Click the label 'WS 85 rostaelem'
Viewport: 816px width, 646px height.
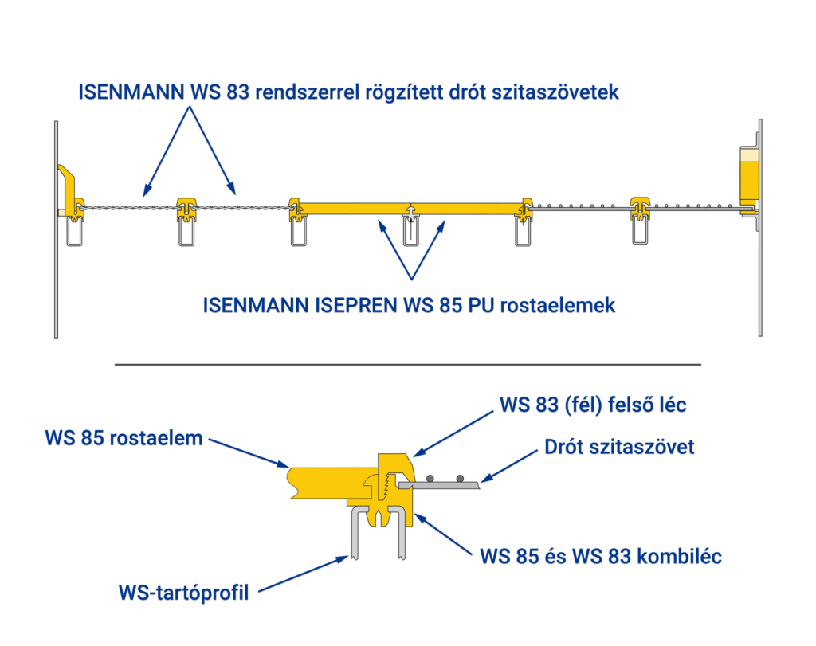124,437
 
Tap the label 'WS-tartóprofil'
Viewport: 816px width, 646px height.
184,593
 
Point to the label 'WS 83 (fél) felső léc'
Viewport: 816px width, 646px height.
593,405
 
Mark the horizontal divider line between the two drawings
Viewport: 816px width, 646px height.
408,365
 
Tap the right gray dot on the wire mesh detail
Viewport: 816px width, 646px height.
460,478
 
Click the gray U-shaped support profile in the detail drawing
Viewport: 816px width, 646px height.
375,534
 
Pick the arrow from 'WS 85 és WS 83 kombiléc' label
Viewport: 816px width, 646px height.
446,534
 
